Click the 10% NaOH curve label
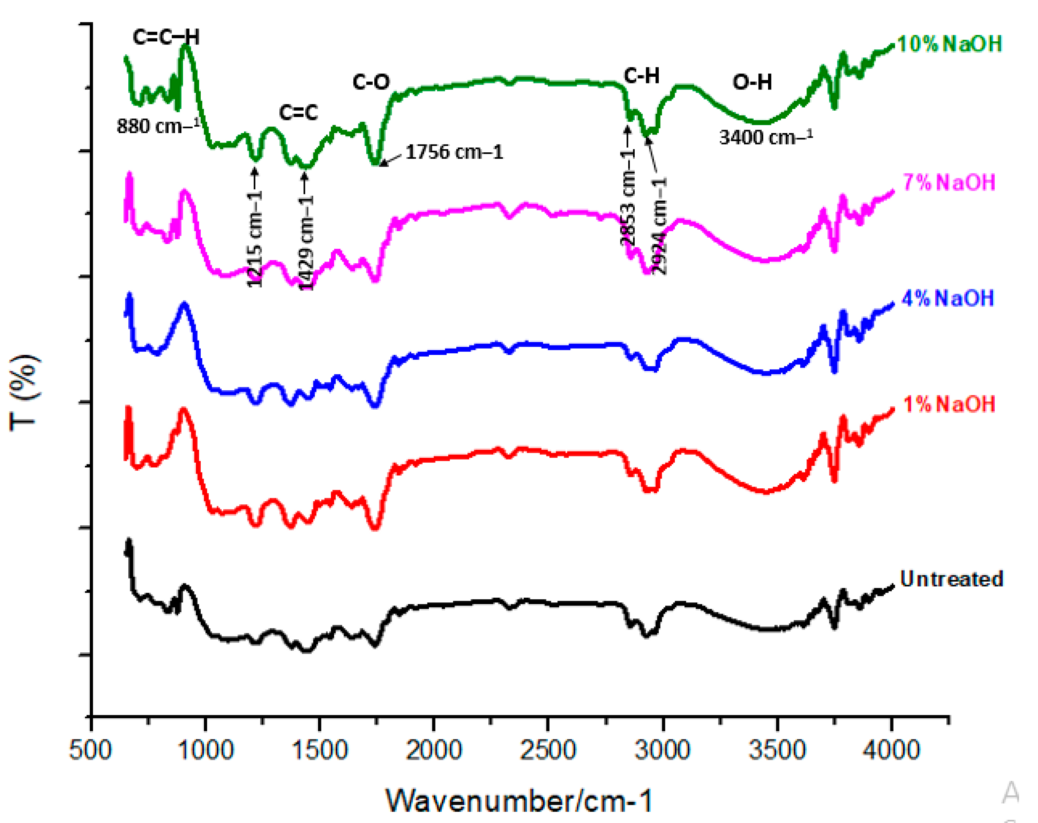pyautogui.click(x=949, y=44)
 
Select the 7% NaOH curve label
pyautogui.click(x=949, y=182)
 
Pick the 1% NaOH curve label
pyautogui.click(x=949, y=404)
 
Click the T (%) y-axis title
pyautogui.click(x=24, y=392)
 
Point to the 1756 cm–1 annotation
pyautogui.click(x=454, y=152)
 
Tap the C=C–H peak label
pyautogui.click(x=166, y=37)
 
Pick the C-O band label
pyautogui.click(x=371, y=82)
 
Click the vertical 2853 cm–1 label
pyautogui.click(x=627, y=197)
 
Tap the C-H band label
pyautogui.click(x=641, y=76)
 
